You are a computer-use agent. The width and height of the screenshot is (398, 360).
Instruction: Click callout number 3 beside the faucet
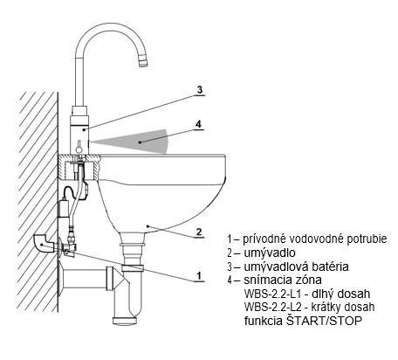pos(199,90)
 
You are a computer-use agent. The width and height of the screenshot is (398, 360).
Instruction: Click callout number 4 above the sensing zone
pos(198,124)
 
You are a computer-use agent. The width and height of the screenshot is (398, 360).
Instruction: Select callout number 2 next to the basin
pos(199,232)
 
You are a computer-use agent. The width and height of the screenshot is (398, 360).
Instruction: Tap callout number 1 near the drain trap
pos(199,275)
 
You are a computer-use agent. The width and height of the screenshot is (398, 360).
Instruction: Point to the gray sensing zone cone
pos(137,142)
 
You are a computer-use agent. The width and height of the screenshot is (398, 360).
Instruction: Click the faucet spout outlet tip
pos(142,63)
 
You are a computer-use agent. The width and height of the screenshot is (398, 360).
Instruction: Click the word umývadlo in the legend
pos(270,253)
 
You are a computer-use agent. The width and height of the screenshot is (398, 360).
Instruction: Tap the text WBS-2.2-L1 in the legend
pos(272,294)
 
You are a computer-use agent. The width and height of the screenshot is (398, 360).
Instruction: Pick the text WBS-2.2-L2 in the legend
pos(273,307)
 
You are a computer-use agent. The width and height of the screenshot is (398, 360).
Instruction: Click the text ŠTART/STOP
pos(324,321)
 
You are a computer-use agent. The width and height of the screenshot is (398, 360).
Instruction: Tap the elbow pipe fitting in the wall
pos(43,243)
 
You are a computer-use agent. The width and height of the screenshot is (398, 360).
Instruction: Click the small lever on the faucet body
pos(79,147)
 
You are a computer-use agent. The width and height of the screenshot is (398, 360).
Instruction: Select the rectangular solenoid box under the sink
pos(64,208)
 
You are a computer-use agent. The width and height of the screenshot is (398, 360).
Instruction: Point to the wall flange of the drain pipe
pos(61,279)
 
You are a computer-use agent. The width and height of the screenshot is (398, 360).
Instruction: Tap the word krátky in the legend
pos(327,308)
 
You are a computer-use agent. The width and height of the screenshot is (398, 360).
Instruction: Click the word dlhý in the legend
pos(323,294)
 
